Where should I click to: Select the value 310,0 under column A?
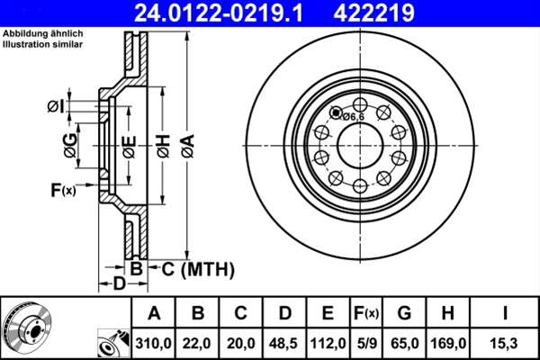coord(154,343)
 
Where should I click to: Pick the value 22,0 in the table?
coord(197,343)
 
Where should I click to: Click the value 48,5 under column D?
coord(284,343)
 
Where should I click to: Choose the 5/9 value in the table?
coord(365,343)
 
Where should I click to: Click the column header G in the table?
coord(405,313)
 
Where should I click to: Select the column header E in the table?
coord(328,313)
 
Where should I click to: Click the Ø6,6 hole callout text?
coord(352,116)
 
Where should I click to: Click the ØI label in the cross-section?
coord(56,108)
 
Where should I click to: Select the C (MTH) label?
coord(197,268)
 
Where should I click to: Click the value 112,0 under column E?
coord(328,343)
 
